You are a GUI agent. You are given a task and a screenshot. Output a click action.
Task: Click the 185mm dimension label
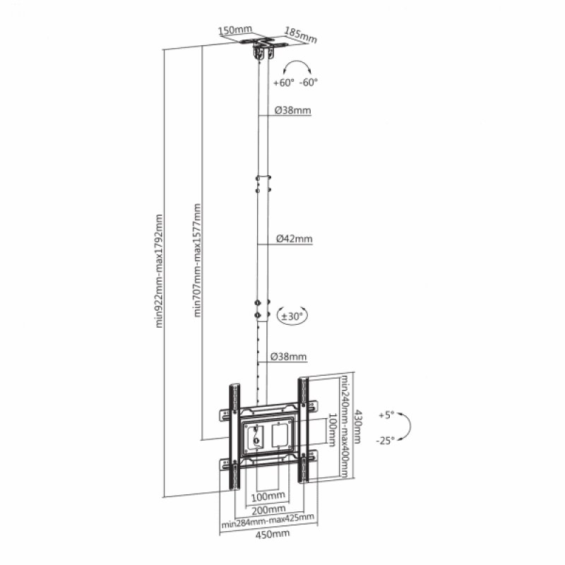pyautogui.click(x=300, y=34)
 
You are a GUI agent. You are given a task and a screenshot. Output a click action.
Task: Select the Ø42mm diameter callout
pyautogui.click(x=294, y=239)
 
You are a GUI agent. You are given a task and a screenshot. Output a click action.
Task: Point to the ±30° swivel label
pyautogui.click(x=292, y=316)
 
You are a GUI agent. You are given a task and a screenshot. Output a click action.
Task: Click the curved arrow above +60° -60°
pyautogui.click(x=297, y=68)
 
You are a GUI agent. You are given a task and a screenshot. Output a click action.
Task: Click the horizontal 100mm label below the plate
pyautogui.click(x=268, y=495)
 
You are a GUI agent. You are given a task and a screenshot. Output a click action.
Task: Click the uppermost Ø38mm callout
pyautogui.click(x=292, y=111)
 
